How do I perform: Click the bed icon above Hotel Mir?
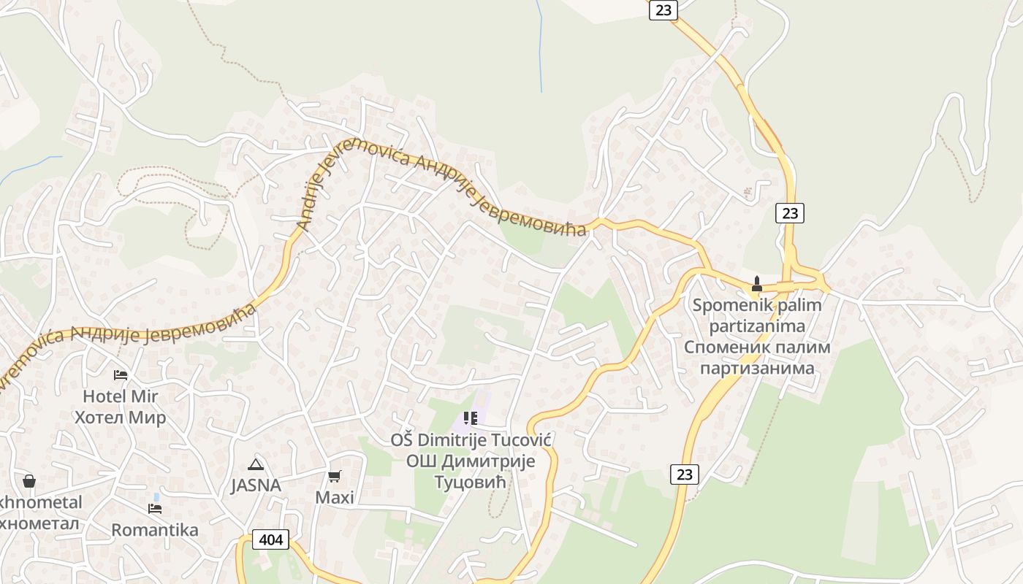tap(121, 374)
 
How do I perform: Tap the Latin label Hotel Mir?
tap(121, 396)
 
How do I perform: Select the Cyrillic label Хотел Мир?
tap(121, 418)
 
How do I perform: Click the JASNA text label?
tap(256, 485)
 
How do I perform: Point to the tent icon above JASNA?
tap(256, 464)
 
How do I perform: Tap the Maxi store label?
tap(335, 497)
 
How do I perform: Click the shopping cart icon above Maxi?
tap(335, 477)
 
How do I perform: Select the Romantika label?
tap(155, 530)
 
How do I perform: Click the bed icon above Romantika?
tap(155, 508)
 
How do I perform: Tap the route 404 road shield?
tap(271, 540)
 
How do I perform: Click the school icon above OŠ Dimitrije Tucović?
tap(471, 418)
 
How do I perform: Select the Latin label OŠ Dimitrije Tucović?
tap(471, 440)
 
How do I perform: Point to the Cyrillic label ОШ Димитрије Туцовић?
tap(471, 472)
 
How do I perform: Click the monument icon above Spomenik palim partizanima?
tap(757, 284)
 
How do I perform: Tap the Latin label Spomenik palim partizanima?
tap(757, 315)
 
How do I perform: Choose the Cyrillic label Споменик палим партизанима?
tap(757, 357)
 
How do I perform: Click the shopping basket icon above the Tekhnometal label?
tap(29, 481)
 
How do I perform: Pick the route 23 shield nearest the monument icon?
tap(790, 213)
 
